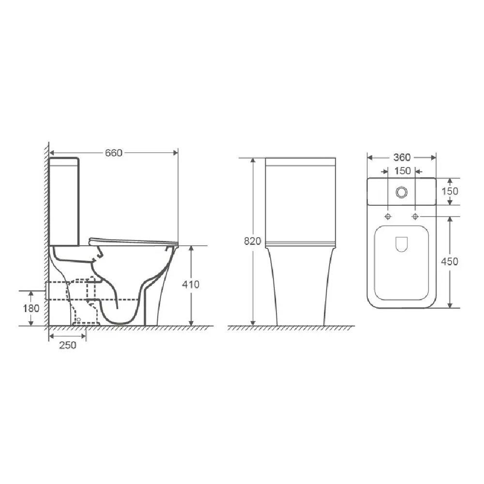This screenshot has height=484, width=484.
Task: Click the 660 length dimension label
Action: click(114, 153)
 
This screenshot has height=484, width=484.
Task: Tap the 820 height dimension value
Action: click(253, 241)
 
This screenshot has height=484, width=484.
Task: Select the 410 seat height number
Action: click(190, 284)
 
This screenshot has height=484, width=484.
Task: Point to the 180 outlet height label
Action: click(31, 308)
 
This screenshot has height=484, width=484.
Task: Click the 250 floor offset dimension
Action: click(68, 345)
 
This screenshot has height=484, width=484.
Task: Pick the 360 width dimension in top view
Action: click(402, 157)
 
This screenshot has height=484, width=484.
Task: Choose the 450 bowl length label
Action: click(450, 261)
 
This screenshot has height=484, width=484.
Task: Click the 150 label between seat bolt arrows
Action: click(403, 171)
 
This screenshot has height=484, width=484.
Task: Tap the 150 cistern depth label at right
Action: click(450, 191)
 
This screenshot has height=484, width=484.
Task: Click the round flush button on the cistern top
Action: click(402, 192)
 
